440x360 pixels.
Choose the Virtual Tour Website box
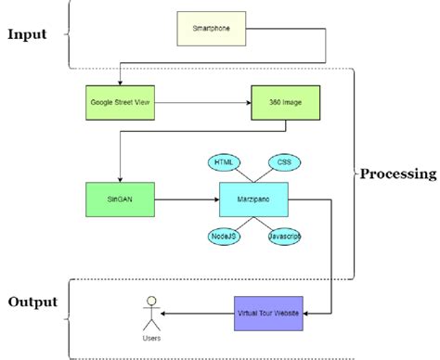point(267,315)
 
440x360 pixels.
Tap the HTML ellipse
point(223,161)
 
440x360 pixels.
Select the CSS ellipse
point(285,161)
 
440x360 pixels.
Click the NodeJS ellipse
point(222,237)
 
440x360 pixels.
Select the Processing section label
point(398,174)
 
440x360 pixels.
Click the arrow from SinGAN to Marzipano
point(186,199)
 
